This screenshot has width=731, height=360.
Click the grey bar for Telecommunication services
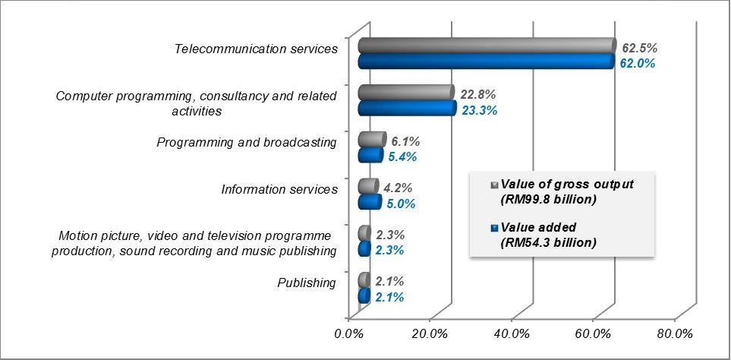pos(486,46)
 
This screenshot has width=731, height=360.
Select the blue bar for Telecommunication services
pos(486,62)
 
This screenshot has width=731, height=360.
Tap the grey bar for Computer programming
pos(406,93)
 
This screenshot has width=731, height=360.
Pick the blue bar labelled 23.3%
pos(407,109)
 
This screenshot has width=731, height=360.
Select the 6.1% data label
pos(405,142)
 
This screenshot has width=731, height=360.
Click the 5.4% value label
pos(403,157)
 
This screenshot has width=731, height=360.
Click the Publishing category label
pos(307,283)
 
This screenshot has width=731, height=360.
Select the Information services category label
pos(279,189)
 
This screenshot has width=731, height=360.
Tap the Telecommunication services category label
pos(256,49)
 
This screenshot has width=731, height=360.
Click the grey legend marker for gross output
pos(495,185)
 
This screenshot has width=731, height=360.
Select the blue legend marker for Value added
pos(495,228)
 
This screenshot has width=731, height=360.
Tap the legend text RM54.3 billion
pos(548,242)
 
